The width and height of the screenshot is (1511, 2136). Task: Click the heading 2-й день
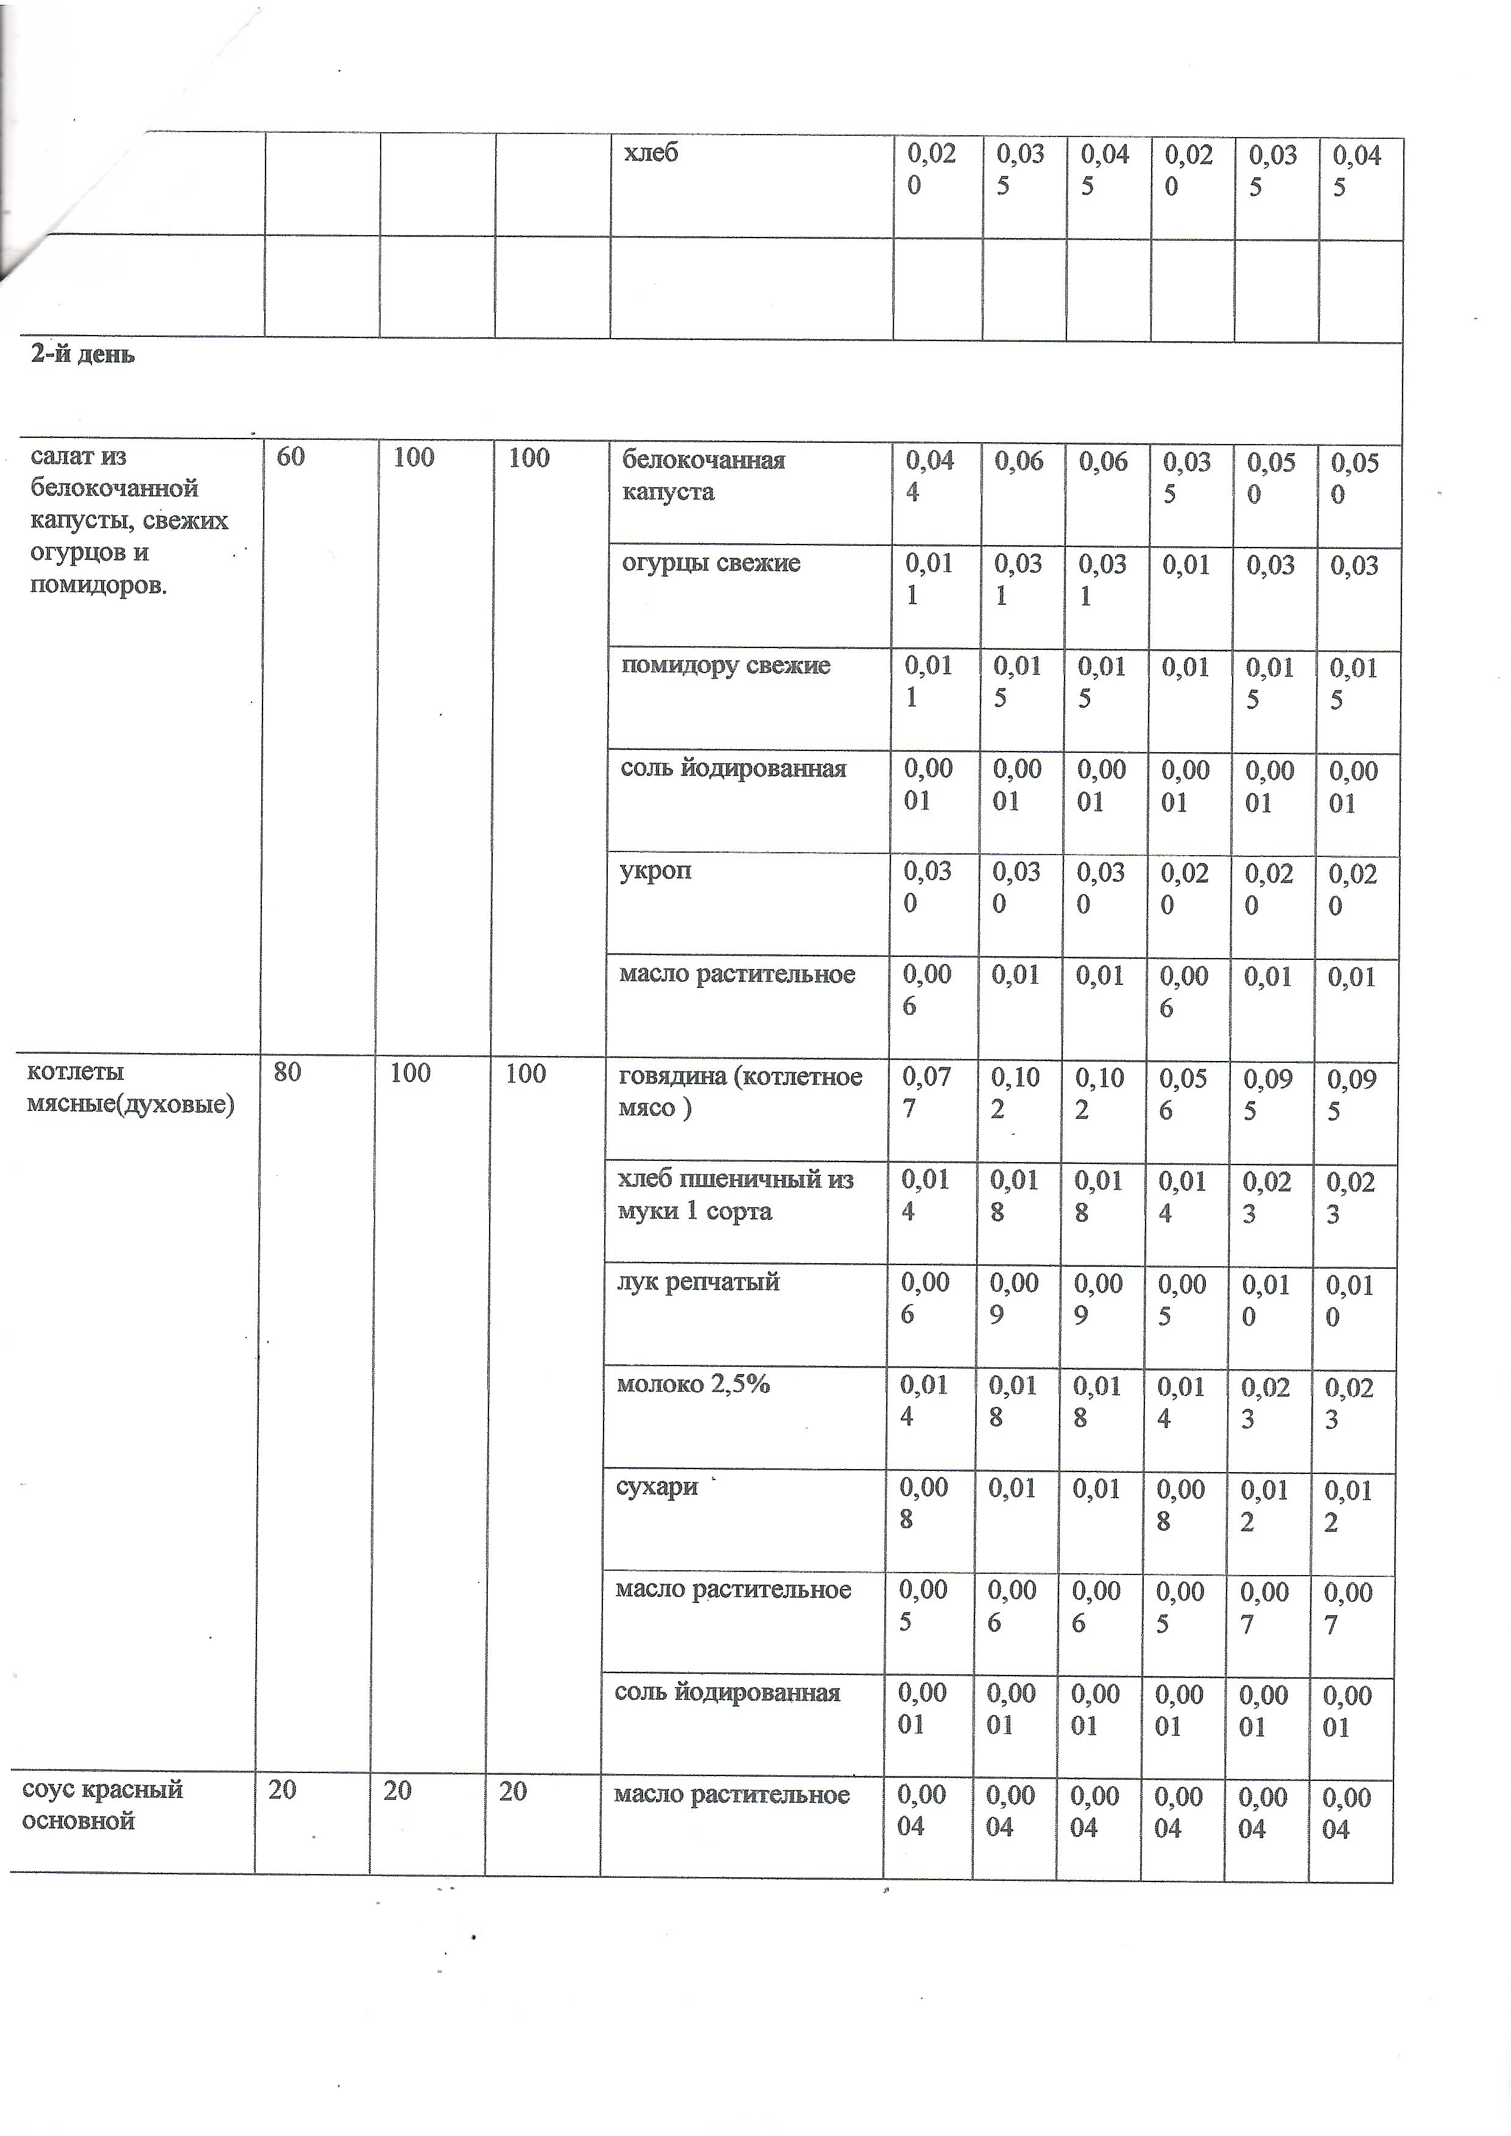click(83, 354)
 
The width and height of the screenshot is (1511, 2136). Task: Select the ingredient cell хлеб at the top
click(650, 152)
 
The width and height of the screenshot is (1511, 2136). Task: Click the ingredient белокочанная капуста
click(703, 476)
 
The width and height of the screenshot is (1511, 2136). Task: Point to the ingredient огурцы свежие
click(711, 563)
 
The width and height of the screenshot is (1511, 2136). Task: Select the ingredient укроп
click(655, 871)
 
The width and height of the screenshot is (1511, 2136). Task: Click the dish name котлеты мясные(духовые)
click(130, 1088)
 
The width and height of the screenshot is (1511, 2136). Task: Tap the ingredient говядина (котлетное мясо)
click(740, 1092)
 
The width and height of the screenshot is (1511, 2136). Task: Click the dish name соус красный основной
click(102, 1804)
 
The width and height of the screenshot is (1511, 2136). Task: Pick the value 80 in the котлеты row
click(287, 1072)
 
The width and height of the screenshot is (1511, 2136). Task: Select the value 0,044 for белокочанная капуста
click(929, 476)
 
